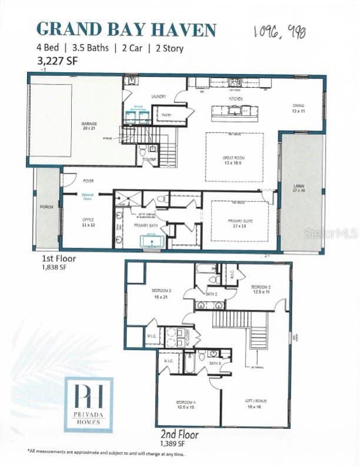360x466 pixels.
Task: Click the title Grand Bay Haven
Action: point(126,29)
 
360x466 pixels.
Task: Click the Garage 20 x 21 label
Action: point(89,125)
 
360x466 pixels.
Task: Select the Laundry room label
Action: point(159,96)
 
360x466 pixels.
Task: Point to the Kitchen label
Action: point(236,99)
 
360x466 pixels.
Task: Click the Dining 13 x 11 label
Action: point(299,108)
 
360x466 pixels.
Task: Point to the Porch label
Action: point(46,207)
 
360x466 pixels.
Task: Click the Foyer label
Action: point(88,181)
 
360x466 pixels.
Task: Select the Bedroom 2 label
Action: point(261,289)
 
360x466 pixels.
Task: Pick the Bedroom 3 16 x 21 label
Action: point(161,293)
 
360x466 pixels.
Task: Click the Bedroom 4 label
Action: point(185,405)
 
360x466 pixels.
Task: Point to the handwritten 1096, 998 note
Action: point(280,32)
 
